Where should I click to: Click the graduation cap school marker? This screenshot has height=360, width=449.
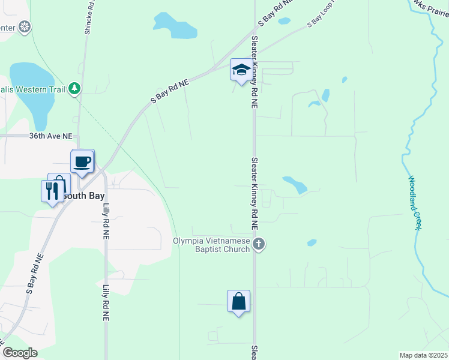click(241, 70)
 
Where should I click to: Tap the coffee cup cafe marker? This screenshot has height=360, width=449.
click(82, 161)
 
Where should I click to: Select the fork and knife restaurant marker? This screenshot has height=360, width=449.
click(52, 191)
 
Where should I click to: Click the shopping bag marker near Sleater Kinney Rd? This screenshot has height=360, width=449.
click(238, 301)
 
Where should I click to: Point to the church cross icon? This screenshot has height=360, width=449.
click(259, 244)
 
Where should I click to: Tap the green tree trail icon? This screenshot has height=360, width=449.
click(74, 89)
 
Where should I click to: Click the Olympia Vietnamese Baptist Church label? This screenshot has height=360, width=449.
click(211, 245)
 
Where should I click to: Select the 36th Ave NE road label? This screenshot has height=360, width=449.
click(50, 136)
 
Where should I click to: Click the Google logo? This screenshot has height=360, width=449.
click(20, 353)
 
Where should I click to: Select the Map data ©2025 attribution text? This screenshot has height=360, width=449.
click(423, 355)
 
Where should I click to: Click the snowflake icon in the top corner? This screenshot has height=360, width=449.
click(25, 27)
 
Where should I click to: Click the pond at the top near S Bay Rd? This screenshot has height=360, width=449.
click(174, 26)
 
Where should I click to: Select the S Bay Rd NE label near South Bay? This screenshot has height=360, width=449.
click(35, 272)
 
